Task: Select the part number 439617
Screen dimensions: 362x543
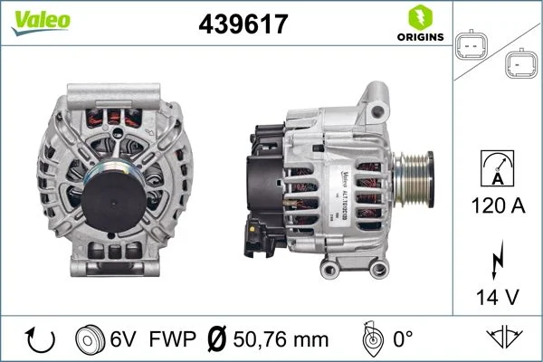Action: pos(243,24)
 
